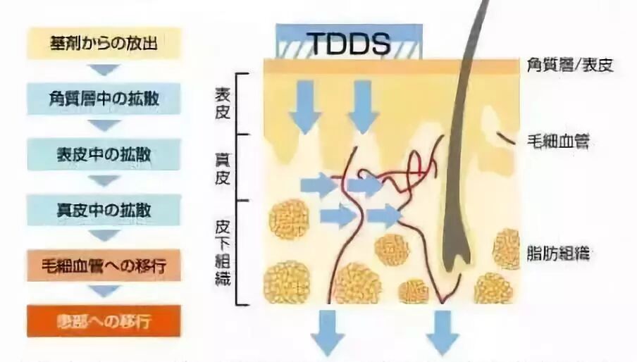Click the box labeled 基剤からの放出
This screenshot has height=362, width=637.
pos(104,43)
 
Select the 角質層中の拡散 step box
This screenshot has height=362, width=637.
pos(104,99)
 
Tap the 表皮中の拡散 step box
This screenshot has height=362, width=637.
pos(104,154)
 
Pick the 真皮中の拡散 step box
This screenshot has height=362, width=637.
pos(104,209)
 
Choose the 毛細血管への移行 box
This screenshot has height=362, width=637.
pos(104,266)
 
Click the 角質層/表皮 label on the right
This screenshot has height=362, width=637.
pos(570,66)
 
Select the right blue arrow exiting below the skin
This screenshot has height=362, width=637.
pos(443,331)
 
